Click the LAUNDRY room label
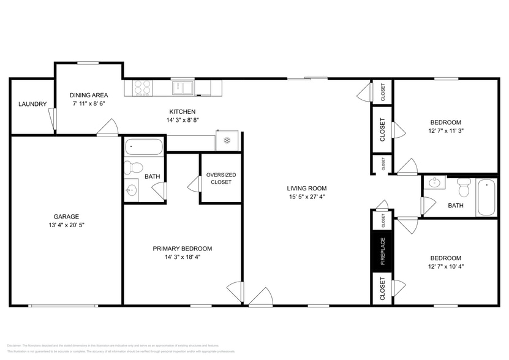32,104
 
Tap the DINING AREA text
88,95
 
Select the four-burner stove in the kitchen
143,89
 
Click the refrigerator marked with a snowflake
227,141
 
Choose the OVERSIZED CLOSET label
221,178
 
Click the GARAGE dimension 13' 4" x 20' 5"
66,225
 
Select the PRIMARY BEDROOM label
182,249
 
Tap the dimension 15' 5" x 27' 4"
307,197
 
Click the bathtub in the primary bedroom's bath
144,147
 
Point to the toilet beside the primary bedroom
134,167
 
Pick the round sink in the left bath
131,190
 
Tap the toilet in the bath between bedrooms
464,183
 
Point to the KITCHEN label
182,111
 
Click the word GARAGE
66,216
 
